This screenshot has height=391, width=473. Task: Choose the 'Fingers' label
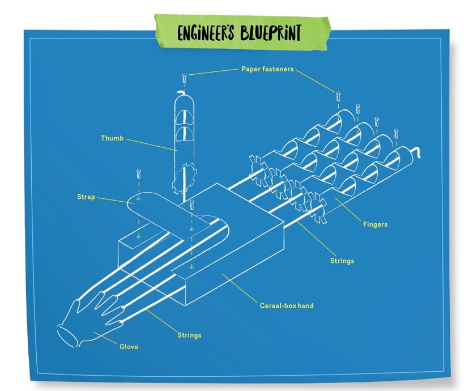(x=375, y=224)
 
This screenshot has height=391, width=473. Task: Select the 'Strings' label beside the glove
(x=189, y=335)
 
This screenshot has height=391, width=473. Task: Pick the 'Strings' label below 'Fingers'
(x=342, y=261)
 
